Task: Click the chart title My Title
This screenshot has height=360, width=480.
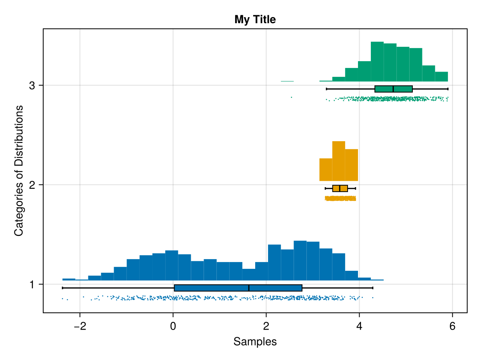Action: point(255,19)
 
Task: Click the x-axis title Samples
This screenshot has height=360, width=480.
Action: point(255,342)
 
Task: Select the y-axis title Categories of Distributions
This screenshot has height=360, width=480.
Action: point(18,170)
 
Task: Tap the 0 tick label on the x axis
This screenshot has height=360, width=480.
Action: point(173,327)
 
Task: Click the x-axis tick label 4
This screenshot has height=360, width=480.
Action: point(359,327)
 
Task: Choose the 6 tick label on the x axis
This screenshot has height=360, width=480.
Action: point(452,327)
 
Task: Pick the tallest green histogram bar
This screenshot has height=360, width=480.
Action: point(377,62)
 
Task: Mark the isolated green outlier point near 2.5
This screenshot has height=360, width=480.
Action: point(291,97)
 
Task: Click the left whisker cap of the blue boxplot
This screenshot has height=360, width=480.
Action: point(62,288)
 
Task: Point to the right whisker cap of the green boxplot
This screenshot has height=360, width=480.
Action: point(448,89)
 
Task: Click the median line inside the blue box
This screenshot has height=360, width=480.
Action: point(249,288)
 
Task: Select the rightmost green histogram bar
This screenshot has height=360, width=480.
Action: point(441,77)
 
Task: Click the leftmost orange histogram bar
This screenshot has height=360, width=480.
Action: point(326,170)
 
